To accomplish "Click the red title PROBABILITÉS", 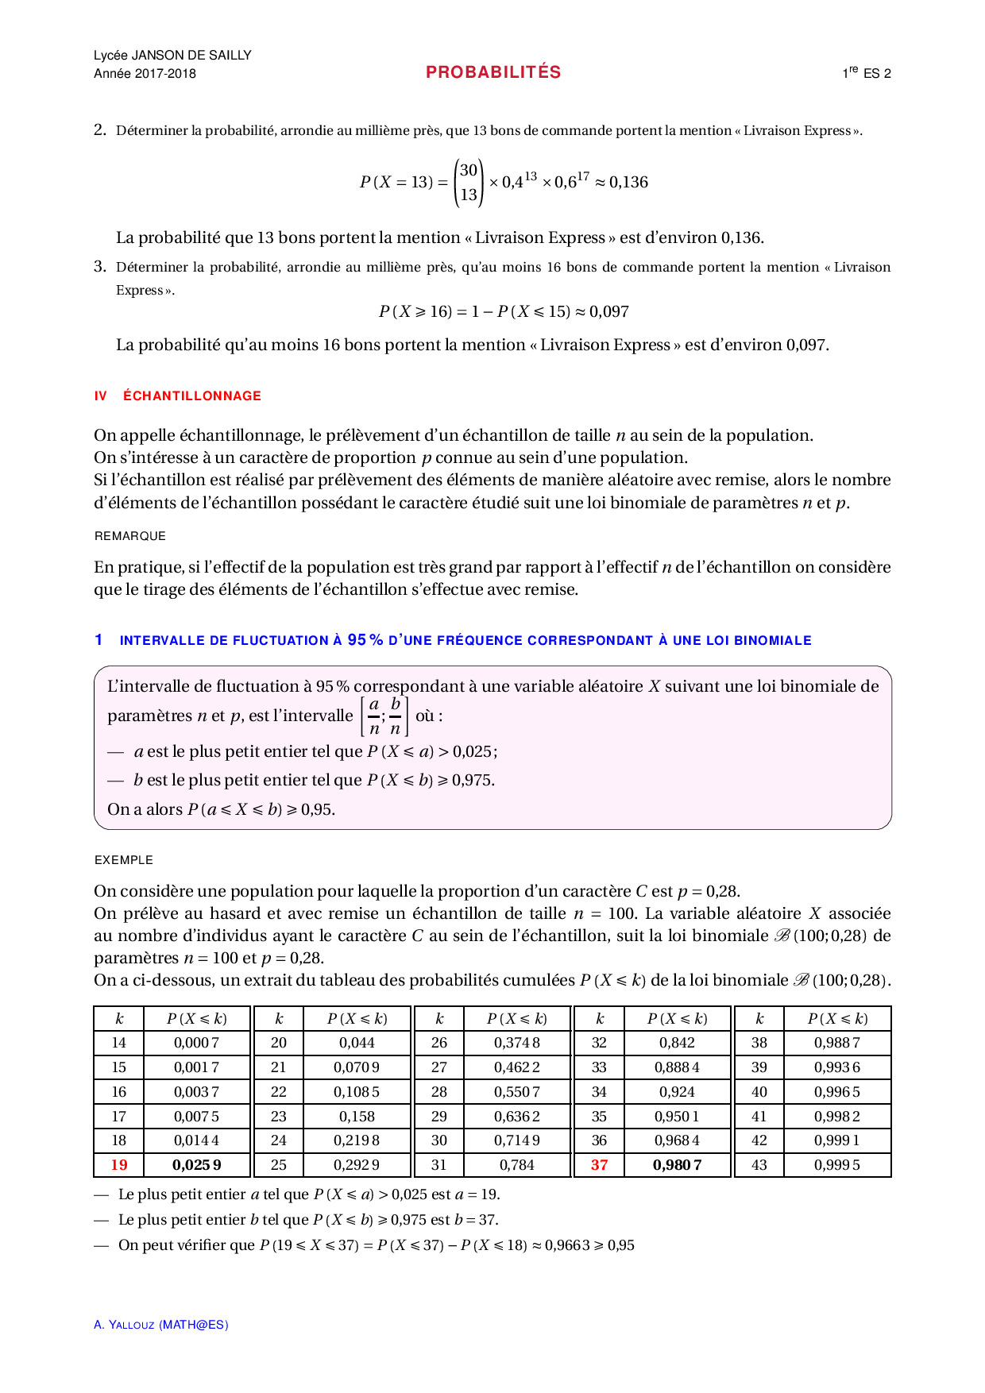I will click(493, 72).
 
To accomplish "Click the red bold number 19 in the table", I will click(119, 1165).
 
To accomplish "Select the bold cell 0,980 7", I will click(677, 1165).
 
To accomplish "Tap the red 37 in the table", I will click(599, 1165).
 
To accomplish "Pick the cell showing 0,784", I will click(516, 1165).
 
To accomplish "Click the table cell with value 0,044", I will click(357, 1043).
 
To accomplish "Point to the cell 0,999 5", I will click(836, 1165).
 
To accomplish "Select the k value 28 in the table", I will click(439, 1092).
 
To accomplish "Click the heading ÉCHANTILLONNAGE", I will click(192, 396).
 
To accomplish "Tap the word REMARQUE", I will click(130, 536).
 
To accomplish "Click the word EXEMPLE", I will click(124, 860).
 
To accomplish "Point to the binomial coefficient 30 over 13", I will click(469, 182).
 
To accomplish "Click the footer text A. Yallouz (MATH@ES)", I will click(161, 1325).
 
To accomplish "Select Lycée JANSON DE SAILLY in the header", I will click(172, 55).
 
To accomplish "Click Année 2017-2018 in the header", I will click(145, 74).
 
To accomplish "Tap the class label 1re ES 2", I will click(866, 73).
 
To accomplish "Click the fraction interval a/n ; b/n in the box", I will click(384, 716).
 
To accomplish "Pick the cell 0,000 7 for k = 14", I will click(196, 1043).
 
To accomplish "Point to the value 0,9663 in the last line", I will click(567, 1245).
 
